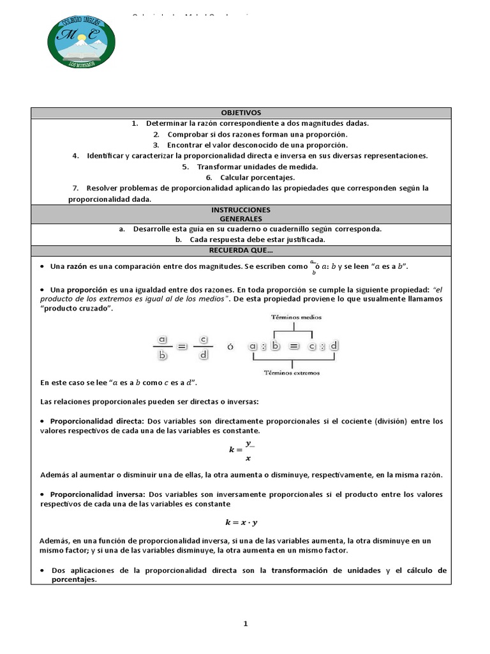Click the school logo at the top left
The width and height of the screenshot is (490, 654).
[x=81, y=42]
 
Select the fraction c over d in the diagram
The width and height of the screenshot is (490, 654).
[x=204, y=348]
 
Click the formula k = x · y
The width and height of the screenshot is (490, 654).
[x=241, y=522]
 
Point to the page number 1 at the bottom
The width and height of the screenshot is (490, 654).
[x=245, y=625]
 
